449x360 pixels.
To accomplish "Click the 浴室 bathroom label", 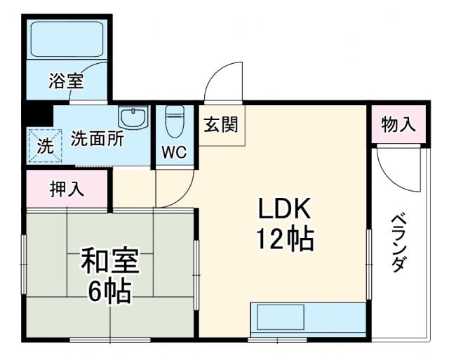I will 67,81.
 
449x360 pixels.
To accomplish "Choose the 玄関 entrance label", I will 220,126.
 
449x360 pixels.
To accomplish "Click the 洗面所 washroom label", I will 97,138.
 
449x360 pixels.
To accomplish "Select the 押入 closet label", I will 67,189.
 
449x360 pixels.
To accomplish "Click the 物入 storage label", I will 398,126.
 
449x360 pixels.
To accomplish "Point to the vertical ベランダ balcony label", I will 398,241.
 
